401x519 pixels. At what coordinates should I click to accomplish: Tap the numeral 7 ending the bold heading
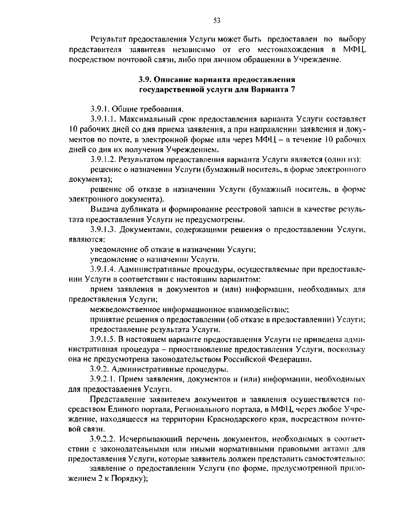(x=293, y=89)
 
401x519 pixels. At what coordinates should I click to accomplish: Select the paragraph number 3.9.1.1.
(x=103, y=119)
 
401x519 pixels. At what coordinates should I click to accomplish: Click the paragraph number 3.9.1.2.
(x=103, y=159)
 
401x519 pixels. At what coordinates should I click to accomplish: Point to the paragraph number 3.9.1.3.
(x=103, y=230)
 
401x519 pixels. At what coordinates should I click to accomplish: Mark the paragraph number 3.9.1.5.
(x=103, y=340)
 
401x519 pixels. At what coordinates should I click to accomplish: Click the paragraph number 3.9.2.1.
(x=103, y=380)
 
